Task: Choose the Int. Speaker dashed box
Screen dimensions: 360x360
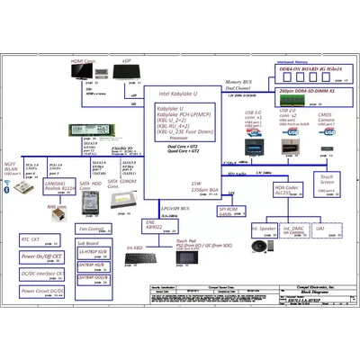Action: (264, 232)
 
